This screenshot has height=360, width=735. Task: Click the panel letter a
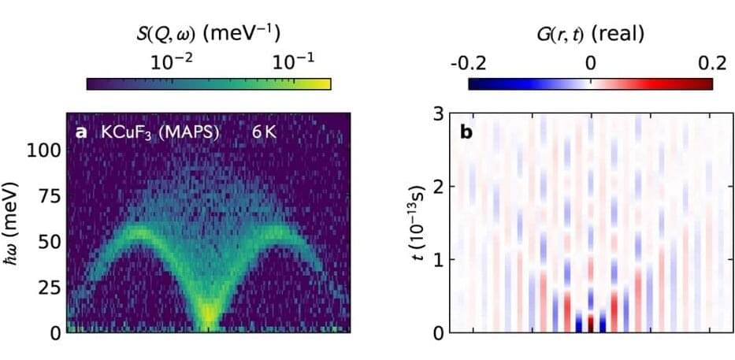tap(80, 132)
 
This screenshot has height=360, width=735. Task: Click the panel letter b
tap(466, 132)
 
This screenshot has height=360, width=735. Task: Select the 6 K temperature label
tap(264, 132)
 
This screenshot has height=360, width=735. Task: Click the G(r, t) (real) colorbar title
tap(590, 32)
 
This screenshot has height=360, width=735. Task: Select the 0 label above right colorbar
tap(590, 61)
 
